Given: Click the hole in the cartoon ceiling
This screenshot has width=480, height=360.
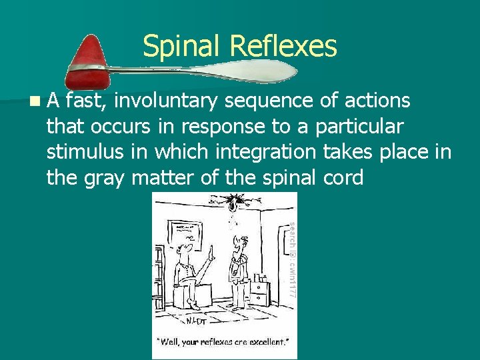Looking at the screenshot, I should click(x=235, y=199).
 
